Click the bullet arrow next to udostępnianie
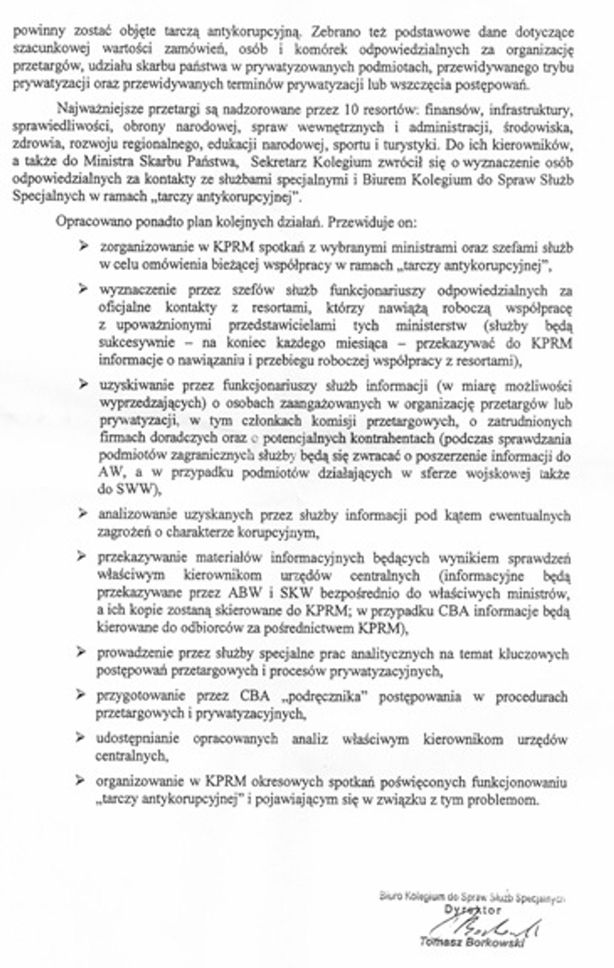(x=80, y=738)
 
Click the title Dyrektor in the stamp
(x=472, y=910)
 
